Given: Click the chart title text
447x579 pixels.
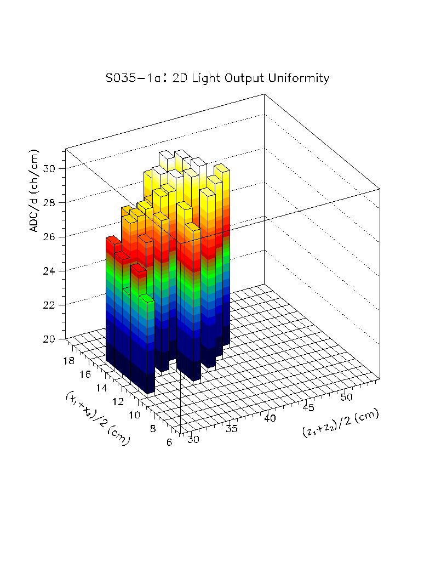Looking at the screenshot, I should point(217,78).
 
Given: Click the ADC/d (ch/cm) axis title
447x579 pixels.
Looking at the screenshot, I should point(34,190).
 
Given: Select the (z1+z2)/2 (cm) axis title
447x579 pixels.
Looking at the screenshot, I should point(340,423).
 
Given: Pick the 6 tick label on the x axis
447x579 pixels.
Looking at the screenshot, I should point(170,442).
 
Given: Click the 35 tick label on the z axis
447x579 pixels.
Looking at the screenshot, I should point(232,429).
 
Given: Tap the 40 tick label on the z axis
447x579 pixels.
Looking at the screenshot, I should point(270,418).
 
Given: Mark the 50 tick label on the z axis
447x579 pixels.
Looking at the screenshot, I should point(347,396).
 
